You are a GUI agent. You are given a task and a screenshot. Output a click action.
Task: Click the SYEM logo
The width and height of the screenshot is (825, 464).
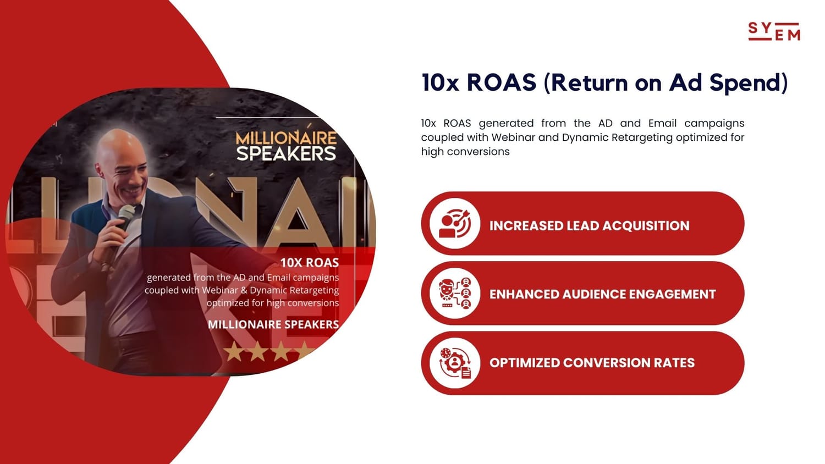click(x=774, y=31)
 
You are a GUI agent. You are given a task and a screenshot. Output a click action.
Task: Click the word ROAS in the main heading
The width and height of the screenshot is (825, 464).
click(x=502, y=82)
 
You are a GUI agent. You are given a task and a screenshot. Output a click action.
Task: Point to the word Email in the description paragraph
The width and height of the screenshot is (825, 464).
click(x=663, y=123)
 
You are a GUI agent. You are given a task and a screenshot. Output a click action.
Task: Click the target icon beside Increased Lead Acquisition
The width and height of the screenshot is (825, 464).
click(x=454, y=224)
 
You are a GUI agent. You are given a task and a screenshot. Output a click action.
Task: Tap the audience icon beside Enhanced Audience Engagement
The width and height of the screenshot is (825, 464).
click(x=454, y=293)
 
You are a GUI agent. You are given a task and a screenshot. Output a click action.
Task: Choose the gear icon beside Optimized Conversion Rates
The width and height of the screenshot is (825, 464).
click(x=454, y=363)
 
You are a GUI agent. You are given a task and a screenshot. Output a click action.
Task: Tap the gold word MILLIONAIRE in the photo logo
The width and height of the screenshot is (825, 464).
click(x=286, y=138)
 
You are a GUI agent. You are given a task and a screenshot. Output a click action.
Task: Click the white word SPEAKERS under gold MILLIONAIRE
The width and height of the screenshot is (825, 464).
click(x=286, y=153)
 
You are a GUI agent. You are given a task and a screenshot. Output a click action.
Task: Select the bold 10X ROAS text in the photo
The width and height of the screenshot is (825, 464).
click(x=309, y=263)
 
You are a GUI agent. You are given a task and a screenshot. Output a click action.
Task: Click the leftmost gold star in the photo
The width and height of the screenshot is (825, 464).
click(x=234, y=351)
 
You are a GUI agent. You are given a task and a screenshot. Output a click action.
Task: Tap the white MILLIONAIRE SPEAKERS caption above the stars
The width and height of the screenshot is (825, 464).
click(x=273, y=324)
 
